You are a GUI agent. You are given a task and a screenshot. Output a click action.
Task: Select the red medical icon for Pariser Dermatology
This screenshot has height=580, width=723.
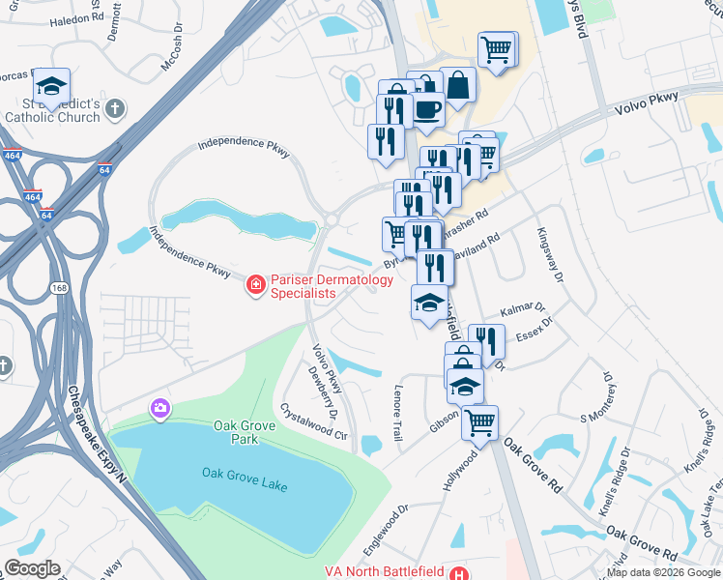tap(255, 283)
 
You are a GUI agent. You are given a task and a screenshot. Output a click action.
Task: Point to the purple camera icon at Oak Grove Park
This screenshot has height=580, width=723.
tap(159, 409)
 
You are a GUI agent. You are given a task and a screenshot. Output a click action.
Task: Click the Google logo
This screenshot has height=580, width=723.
tap(32, 568)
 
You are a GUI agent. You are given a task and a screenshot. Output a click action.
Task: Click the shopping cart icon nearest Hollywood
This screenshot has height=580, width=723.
tap(479, 422)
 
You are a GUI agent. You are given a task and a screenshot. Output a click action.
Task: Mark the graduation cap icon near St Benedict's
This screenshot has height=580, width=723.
tap(51, 83)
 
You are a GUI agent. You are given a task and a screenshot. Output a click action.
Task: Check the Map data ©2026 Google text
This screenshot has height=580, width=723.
tap(663, 572)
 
